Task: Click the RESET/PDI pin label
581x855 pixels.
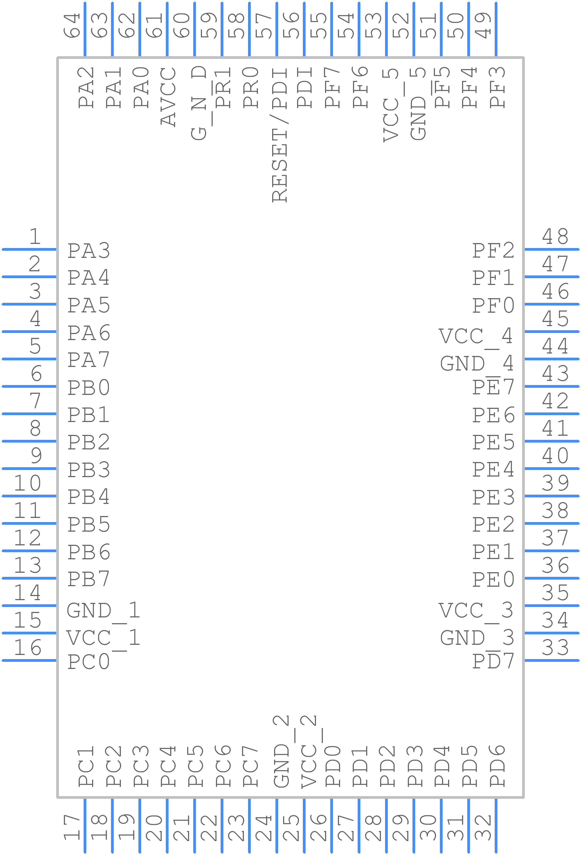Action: [x=279, y=135]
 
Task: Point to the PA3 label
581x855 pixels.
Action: [x=88, y=251]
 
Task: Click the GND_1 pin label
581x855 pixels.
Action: [x=103, y=611]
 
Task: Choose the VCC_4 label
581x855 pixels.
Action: [x=476, y=336]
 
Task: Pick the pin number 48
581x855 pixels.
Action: [x=555, y=236]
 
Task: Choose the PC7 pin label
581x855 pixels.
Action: [x=250, y=767]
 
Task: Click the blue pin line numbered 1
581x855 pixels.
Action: [x=29, y=249]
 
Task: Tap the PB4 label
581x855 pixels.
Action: [x=88, y=497]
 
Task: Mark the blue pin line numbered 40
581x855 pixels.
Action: [x=552, y=468]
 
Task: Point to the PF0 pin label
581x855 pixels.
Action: [x=493, y=305]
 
